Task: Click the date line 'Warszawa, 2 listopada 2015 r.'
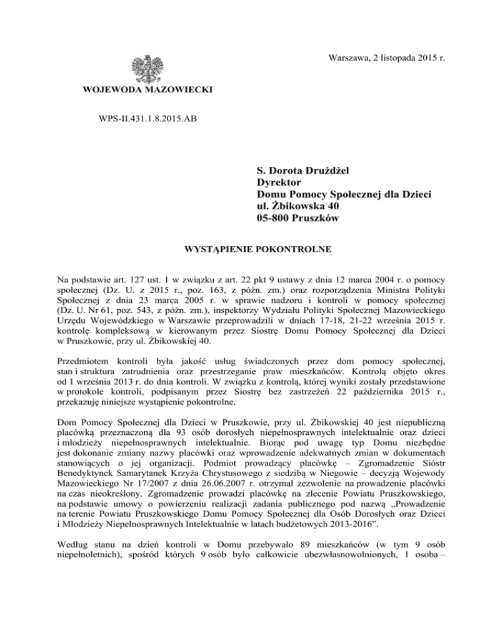379,57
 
